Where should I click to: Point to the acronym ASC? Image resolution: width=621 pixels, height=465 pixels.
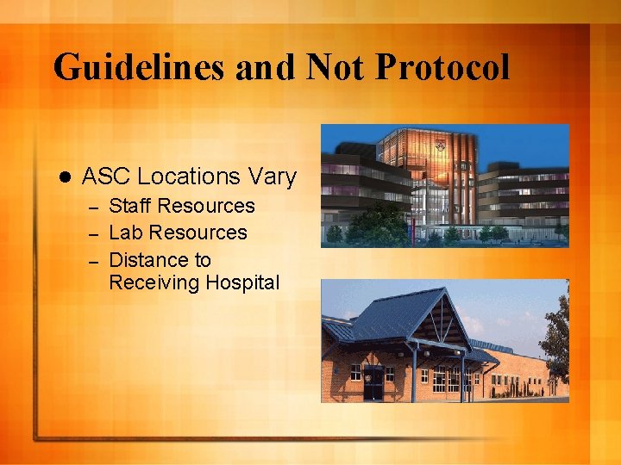106,177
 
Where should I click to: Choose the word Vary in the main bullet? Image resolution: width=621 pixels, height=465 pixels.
273,177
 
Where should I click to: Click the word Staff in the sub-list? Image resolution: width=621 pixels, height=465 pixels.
130,206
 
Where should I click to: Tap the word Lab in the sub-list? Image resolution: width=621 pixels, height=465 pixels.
125,232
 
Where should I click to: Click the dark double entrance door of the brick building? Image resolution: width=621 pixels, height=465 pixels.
373,382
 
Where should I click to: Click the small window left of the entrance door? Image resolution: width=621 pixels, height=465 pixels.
354,372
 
